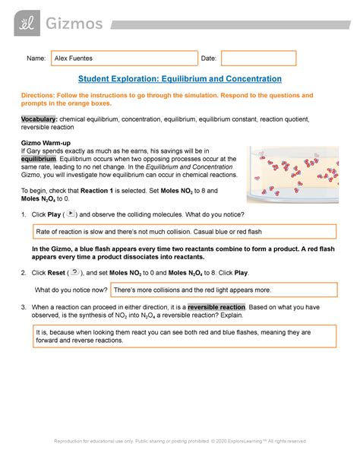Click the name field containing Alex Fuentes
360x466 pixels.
[x=123, y=58]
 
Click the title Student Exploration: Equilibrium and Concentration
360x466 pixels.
[x=180, y=78]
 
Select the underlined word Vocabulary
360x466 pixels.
[x=39, y=120]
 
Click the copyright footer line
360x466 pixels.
[x=180, y=441]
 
